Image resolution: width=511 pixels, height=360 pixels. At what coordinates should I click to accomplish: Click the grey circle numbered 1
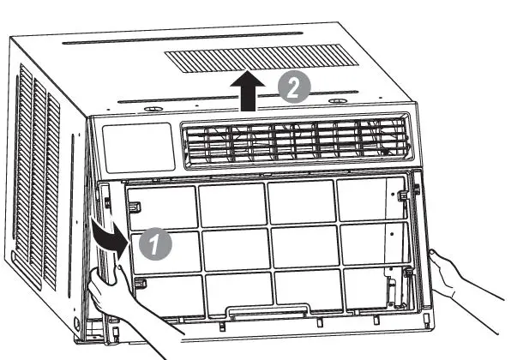157,243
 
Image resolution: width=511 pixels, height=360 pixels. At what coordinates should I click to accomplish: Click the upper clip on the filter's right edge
402,198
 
